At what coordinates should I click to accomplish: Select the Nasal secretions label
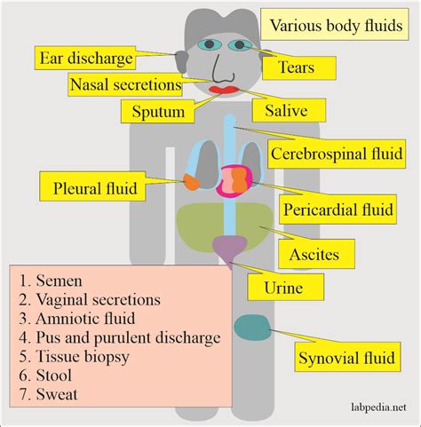125,85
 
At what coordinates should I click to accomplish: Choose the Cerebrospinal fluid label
337,150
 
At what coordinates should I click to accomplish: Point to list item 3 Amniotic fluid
81,318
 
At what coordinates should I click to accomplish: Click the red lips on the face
223,88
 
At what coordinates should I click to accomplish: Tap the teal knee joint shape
257,327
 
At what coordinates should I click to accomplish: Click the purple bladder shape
230,248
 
